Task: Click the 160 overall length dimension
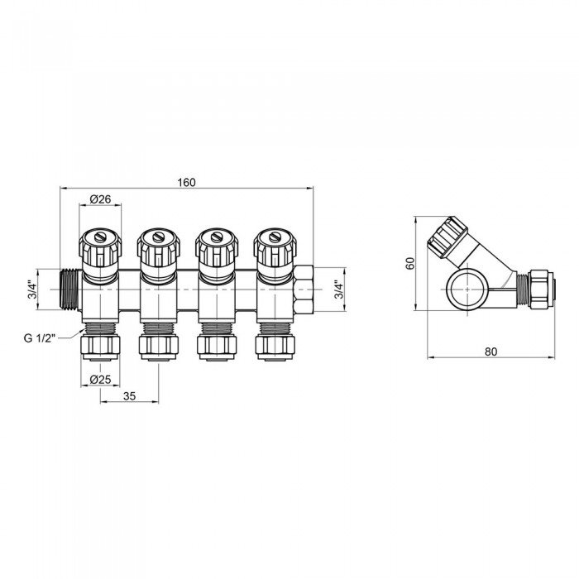(x=186, y=183)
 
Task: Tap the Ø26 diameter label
(x=100, y=199)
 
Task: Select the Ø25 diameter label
(x=100, y=380)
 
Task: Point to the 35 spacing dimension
(x=130, y=396)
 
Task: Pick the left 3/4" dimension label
(x=31, y=289)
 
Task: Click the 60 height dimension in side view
(x=409, y=262)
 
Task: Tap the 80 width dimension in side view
(x=490, y=352)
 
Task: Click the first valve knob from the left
(x=100, y=246)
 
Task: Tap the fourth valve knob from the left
(x=275, y=246)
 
